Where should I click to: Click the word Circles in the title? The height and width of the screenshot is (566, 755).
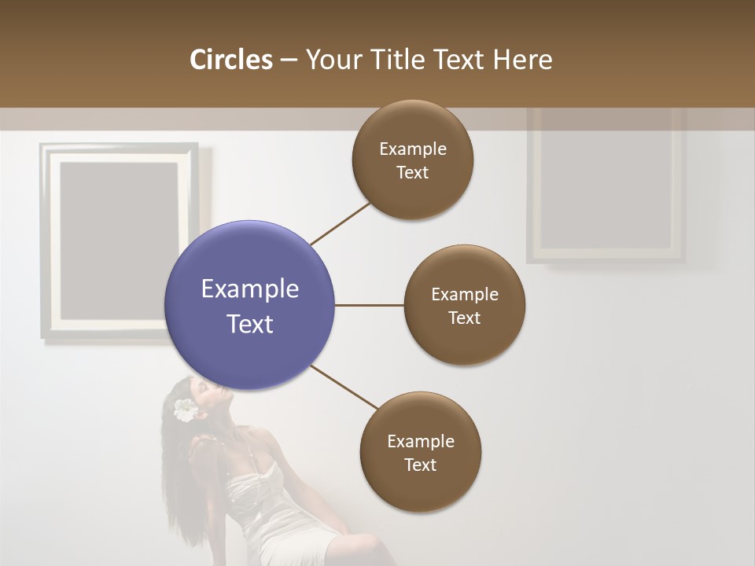pyautogui.click(x=230, y=60)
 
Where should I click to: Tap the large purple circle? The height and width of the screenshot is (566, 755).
pyautogui.click(x=249, y=305)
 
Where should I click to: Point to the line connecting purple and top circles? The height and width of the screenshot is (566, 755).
pyautogui.click(x=341, y=223)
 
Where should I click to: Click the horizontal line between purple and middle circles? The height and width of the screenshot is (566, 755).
pyautogui.click(x=369, y=305)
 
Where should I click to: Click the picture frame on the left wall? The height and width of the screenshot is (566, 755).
pyautogui.click(x=118, y=240)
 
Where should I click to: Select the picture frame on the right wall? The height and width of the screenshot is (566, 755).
pyautogui.click(x=606, y=185)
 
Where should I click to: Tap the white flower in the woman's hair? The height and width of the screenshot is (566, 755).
pyautogui.click(x=186, y=410)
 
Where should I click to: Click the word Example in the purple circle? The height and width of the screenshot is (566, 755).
pyautogui.click(x=249, y=289)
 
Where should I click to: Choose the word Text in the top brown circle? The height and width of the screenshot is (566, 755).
pyautogui.click(x=412, y=173)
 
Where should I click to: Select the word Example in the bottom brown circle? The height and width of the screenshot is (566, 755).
pyautogui.click(x=420, y=441)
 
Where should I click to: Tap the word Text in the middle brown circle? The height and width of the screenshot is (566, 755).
pyautogui.click(x=464, y=318)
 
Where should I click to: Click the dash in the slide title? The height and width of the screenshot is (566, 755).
pyautogui.click(x=289, y=61)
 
